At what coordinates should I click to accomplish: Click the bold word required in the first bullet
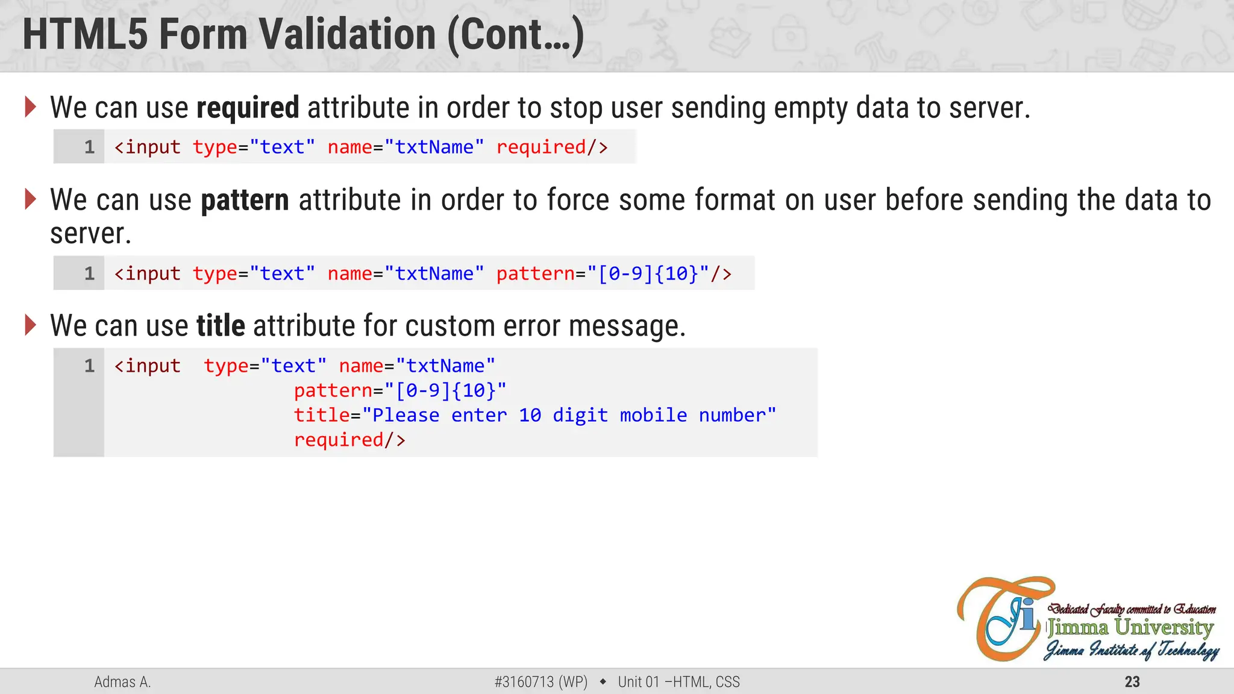tap(248, 108)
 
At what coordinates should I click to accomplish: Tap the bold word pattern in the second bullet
tap(245, 201)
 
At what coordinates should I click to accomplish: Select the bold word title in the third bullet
tap(221, 326)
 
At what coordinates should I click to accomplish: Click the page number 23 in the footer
tap(1132, 682)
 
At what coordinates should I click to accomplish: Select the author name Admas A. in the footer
tap(122, 682)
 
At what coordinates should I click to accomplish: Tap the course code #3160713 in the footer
tap(524, 682)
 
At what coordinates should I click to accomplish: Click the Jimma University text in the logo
tap(1130, 627)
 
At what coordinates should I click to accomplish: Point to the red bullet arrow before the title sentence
tap(30, 325)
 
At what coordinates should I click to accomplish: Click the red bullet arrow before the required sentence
tap(30, 107)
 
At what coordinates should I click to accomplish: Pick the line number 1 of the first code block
tap(89, 147)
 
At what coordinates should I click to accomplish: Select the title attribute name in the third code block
tap(322, 415)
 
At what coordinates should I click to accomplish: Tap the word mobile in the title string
tap(653, 415)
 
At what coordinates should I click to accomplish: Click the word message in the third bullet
tap(627, 326)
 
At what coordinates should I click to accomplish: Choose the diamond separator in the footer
tap(603, 682)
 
